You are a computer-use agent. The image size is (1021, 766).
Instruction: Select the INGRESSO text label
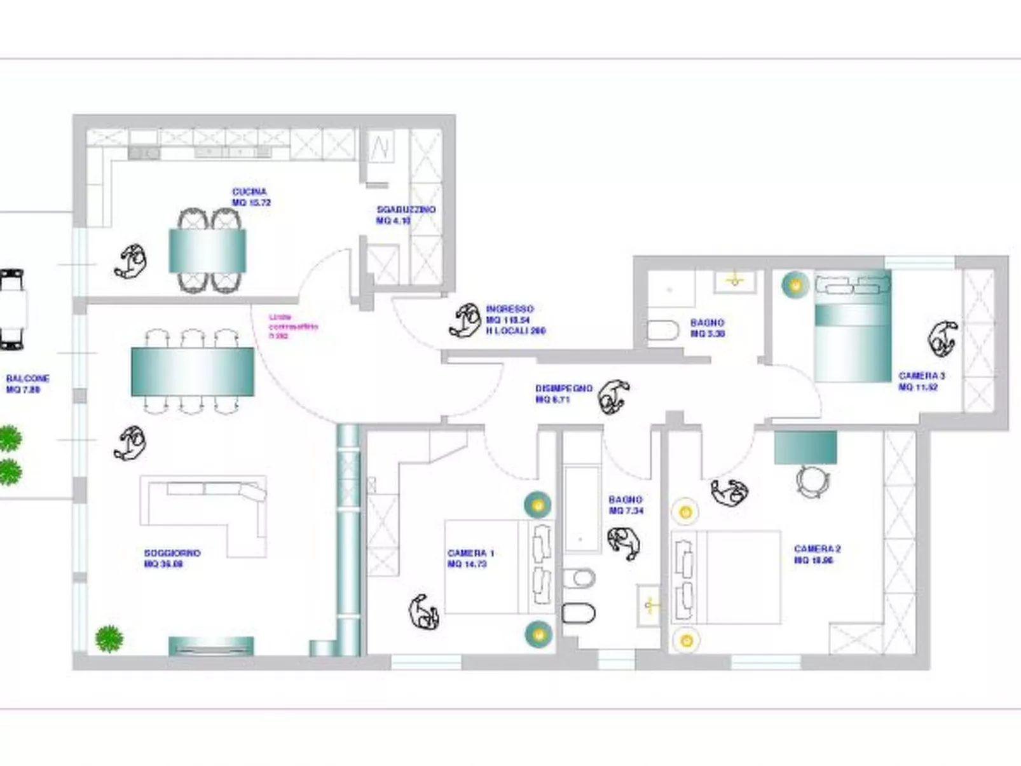pyautogui.click(x=510, y=310)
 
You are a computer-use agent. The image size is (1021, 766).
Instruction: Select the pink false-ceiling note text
pyautogui.click(x=292, y=326)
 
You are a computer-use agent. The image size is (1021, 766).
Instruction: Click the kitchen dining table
pyautogui.click(x=207, y=250)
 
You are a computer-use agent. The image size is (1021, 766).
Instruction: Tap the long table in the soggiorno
pyautogui.click(x=193, y=372)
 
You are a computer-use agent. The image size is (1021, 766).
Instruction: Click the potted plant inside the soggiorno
pyautogui.click(x=109, y=638)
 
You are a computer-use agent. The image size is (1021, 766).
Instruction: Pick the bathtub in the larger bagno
pyautogui.click(x=581, y=510)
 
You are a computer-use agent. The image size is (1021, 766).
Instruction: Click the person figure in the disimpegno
pyautogui.click(x=613, y=397)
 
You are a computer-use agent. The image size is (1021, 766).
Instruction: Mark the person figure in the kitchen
pyautogui.click(x=132, y=261)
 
